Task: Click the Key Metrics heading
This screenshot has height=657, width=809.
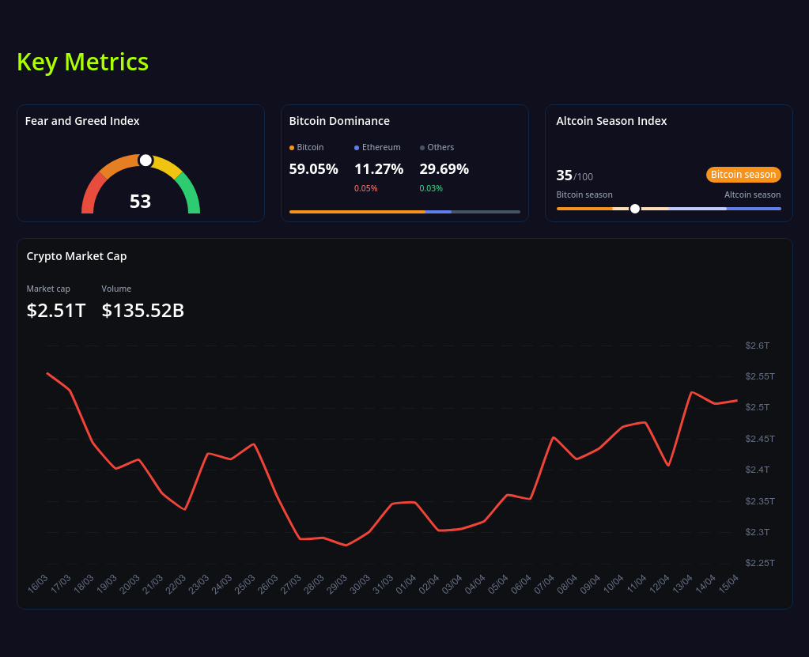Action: (82, 62)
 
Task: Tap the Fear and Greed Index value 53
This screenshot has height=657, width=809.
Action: (140, 202)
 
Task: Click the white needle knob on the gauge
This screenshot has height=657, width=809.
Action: (146, 160)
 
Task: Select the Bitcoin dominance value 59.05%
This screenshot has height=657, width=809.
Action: (313, 169)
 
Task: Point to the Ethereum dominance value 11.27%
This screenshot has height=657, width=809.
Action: (379, 169)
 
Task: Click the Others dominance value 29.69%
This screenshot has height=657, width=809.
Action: (444, 169)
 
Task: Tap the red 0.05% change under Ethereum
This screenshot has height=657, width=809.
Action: (365, 188)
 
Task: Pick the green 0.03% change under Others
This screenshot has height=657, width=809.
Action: (431, 188)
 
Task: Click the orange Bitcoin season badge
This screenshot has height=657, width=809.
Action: (743, 175)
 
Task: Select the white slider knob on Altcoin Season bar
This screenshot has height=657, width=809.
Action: (635, 209)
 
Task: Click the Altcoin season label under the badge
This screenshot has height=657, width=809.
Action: (752, 194)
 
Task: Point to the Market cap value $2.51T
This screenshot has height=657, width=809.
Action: (55, 311)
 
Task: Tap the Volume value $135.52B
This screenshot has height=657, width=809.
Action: (142, 311)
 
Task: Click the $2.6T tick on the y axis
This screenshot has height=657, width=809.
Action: (757, 345)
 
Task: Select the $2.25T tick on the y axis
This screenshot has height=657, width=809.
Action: (759, 563)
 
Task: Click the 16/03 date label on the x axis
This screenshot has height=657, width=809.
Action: (38, 584)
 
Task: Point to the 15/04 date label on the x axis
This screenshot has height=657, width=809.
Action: (728, 584)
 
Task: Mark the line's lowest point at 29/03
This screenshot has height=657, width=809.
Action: (346, 545)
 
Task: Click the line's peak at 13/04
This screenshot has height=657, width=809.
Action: (692, 392)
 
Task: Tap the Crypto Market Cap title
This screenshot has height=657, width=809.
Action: (77, 256)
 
